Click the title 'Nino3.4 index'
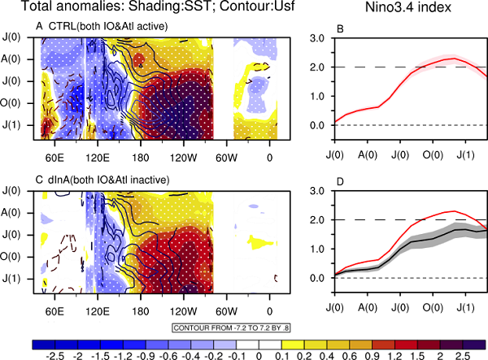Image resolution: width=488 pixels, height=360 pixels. coord(394,10)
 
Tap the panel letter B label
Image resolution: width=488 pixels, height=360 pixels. coord(317,29)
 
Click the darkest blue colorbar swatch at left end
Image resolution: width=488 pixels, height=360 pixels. coord(41,341)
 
